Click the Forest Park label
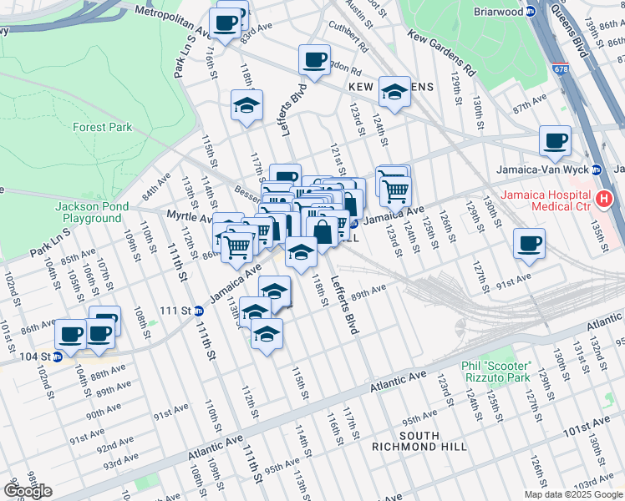[x=102, y=128]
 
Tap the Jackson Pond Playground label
[x=89, y=212]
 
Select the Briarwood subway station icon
[x=531, y=12]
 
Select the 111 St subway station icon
[x=198, y=311]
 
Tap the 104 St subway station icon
[x=58, y=357]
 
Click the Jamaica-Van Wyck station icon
[x=596, y=170]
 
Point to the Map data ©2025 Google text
[x=573, y=494]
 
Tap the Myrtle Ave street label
[x=190, y=216]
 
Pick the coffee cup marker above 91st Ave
[x=528, y=244]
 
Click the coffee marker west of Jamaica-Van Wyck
[x=554, y=140]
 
